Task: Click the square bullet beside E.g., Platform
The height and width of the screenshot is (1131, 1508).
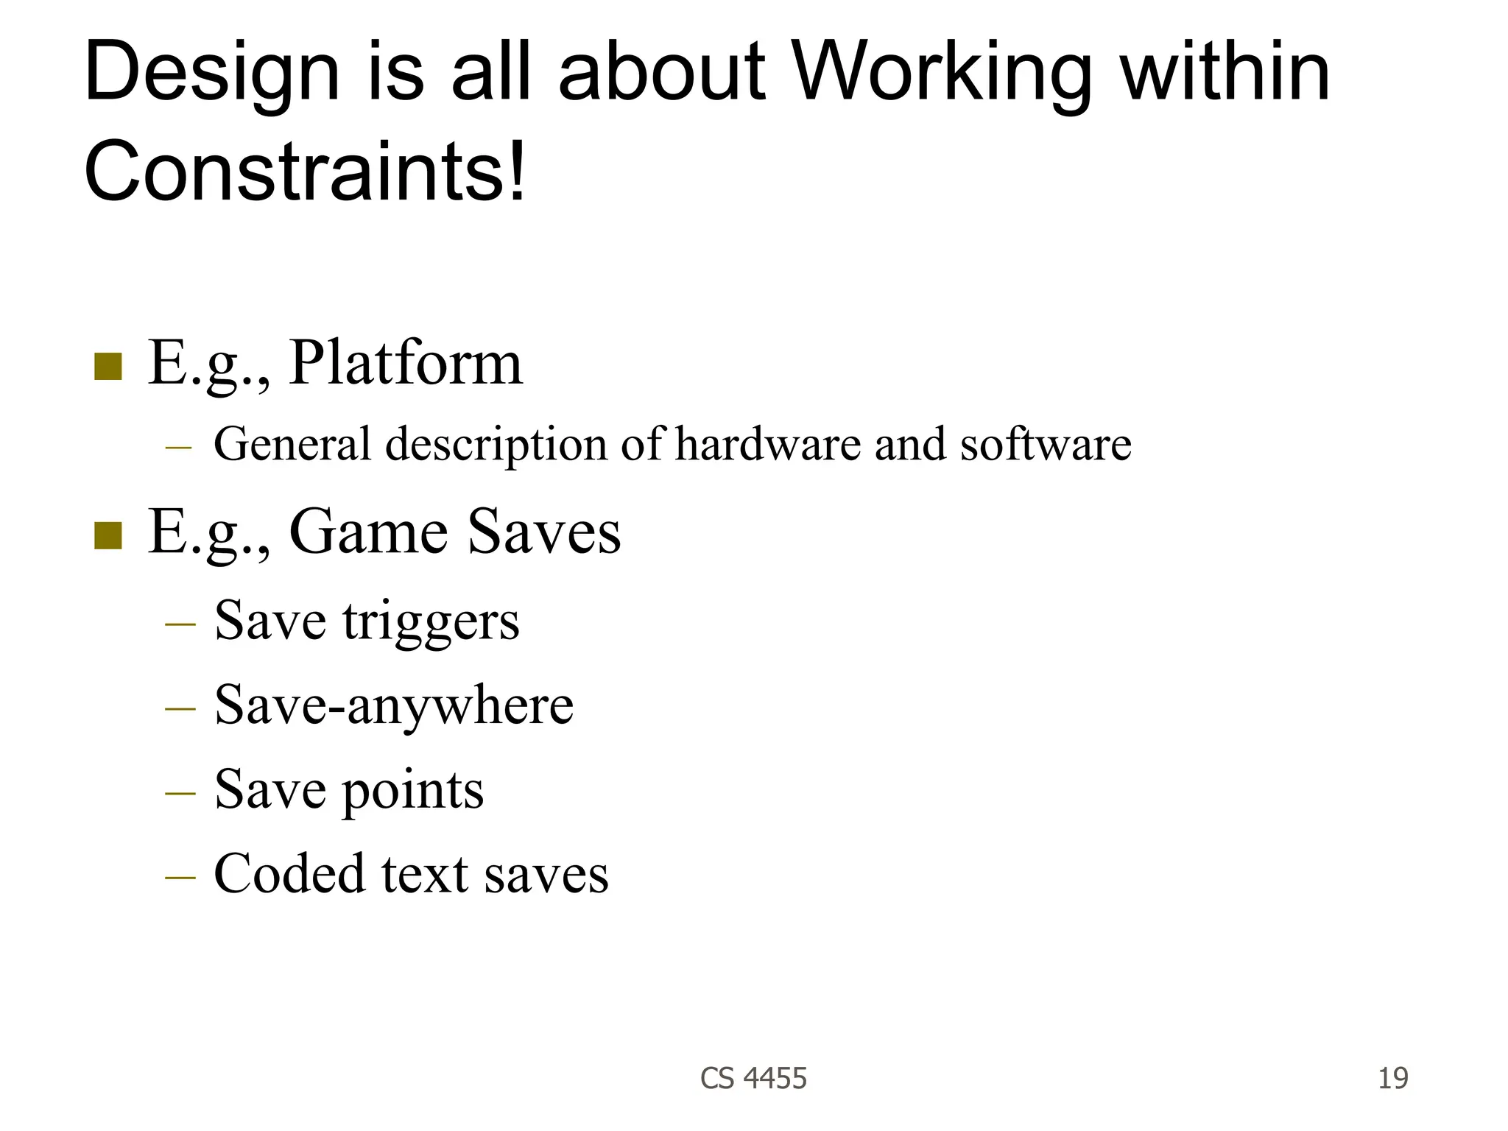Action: coord(108,367)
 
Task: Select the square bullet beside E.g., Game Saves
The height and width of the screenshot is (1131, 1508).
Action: coord(108,535)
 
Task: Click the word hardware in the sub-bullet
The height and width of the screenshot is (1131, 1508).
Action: coord(767,444)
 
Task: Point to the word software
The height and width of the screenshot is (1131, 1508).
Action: coord(1046,444)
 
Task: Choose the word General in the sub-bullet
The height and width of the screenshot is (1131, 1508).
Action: coord(292,444)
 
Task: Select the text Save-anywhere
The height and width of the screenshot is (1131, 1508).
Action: coord(394,705)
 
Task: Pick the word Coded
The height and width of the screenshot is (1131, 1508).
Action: coord(289,874)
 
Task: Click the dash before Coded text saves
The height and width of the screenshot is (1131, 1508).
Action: coord(180,877)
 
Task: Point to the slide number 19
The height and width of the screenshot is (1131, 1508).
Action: coord(1392,1078)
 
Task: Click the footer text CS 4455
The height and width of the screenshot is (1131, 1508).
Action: coord(753,1078)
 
